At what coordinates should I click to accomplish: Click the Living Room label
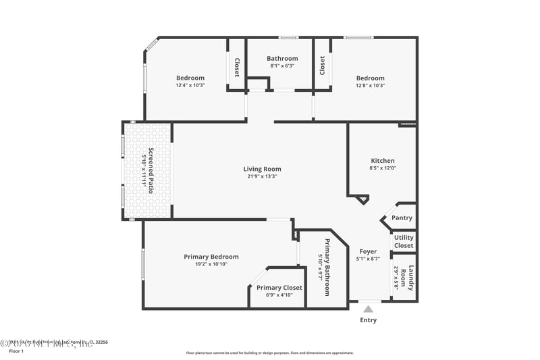262,169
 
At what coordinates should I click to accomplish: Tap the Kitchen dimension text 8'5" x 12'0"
381,168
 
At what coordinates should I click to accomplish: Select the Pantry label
402,218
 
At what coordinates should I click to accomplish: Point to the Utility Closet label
404,242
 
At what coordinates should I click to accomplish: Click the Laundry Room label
407,279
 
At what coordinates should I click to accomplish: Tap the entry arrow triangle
368,309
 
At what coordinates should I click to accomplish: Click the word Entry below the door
368,320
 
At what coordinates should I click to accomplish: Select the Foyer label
368,251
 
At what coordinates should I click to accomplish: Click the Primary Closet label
279,288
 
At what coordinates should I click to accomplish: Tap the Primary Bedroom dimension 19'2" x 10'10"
211,264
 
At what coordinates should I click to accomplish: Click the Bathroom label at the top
282,59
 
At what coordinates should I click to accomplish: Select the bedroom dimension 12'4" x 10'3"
190,85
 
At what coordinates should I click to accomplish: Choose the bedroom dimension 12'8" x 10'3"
370,85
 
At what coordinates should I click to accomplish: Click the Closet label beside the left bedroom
237,68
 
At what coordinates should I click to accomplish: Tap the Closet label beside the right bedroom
322,66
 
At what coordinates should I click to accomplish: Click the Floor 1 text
16,351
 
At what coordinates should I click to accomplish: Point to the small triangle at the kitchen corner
362,199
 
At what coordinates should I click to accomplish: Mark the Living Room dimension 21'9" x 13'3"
262,176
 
